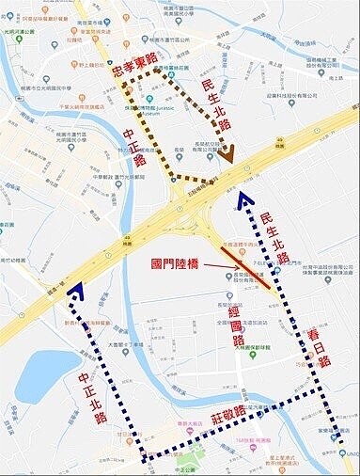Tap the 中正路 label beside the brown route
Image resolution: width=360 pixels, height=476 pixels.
[135, 147]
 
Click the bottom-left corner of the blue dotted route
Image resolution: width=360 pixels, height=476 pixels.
[143, 459]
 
